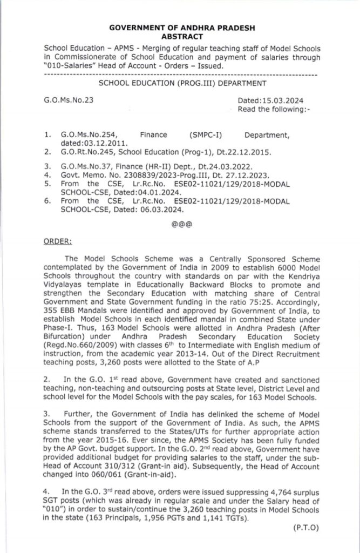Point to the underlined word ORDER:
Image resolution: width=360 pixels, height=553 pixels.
[x=55, y=241]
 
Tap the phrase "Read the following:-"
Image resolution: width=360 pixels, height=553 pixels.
[x=274, y=109]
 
